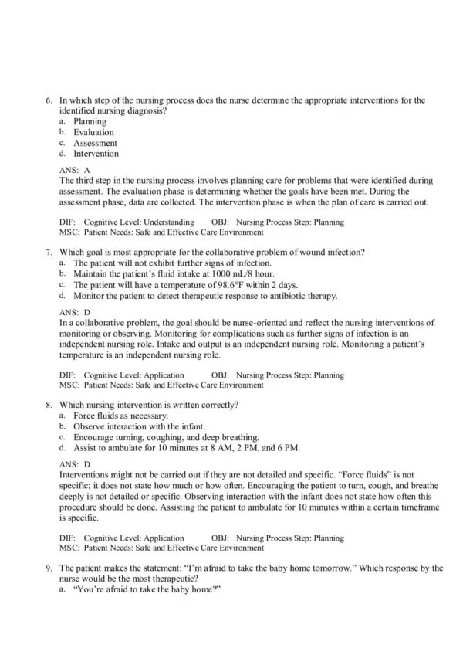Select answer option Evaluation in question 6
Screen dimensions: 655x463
[93, 132]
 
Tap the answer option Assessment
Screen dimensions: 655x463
[95, 143]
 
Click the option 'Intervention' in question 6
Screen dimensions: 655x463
[96, 154]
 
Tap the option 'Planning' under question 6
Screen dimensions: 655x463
[90, 121]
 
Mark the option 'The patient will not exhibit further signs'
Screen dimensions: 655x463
[171, 263]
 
